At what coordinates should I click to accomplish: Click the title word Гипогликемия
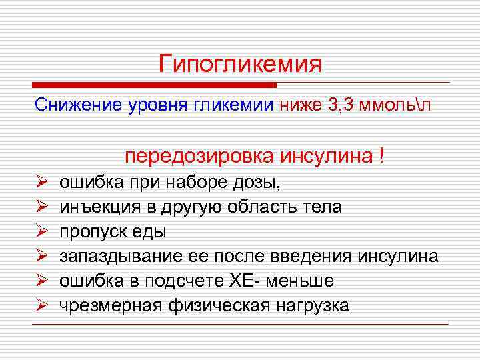(x=240, y=65)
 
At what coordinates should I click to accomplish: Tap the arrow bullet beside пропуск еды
(x=40, y=232)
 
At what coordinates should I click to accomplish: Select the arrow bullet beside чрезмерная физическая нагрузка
(x=40, y=306)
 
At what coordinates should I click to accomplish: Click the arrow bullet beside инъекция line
(x=40, y=207)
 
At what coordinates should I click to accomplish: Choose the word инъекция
(x=97, y=207)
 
